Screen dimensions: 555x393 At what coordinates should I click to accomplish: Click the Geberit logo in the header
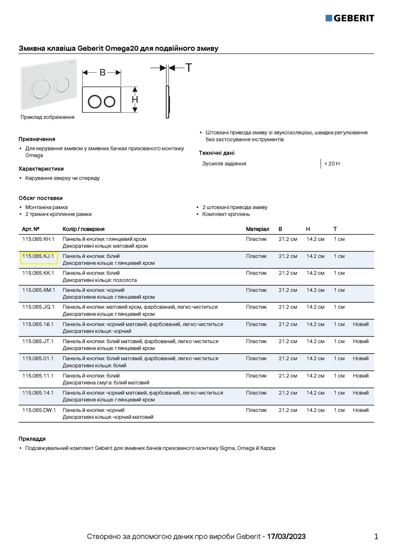(350, 18)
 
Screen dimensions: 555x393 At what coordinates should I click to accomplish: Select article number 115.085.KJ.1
(38, 256)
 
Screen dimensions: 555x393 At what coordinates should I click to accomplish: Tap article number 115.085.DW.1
(39, 410)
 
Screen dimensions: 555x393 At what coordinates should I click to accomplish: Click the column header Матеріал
(258, 229)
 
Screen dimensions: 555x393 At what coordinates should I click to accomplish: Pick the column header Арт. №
(31, 229)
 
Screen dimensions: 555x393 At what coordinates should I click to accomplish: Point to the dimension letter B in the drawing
(102, 72)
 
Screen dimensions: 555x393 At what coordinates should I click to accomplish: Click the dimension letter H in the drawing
(135, 100)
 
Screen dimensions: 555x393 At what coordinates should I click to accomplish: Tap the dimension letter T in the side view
(189, 68)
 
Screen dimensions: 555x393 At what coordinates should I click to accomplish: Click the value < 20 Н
(332, 163)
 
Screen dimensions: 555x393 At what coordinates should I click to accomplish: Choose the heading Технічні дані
(217, 153)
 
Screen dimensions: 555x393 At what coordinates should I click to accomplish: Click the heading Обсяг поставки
(40, 198)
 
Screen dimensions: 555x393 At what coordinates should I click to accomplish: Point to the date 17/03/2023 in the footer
(286, 537)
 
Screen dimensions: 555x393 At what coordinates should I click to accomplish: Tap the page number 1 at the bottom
(376, 537)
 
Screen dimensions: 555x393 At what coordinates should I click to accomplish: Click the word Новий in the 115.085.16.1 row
(360, 324)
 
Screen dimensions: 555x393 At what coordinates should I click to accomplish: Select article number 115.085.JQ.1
(39, 307)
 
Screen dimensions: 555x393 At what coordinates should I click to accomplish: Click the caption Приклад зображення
(47, 117)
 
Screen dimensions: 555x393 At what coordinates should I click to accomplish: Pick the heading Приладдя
(32, 439)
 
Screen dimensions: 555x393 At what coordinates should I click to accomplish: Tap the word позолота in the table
(125, 280)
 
